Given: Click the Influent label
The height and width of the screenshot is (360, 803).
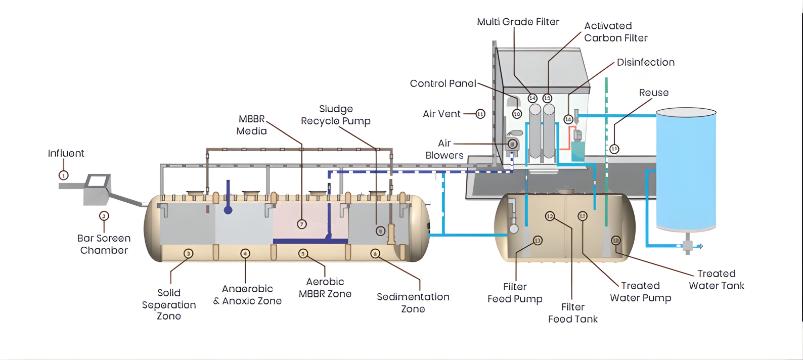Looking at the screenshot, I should point(66,153).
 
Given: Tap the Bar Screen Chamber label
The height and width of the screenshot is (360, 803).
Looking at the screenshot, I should point(104,244).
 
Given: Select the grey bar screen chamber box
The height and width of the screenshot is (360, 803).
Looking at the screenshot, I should point(97,189).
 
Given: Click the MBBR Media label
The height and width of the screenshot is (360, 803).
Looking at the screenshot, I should point(251,125).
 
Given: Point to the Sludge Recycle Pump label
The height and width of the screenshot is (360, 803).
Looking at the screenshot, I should point(336,115).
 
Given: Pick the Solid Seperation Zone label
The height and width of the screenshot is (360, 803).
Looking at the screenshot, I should point(169,304).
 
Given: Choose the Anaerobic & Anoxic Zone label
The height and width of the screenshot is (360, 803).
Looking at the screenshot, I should point(247,295).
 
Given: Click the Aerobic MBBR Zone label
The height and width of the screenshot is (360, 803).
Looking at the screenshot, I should point(325,288).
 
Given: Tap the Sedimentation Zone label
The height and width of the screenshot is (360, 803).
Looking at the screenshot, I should point(413,303).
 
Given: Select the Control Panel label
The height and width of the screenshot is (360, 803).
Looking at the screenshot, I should point(443,83).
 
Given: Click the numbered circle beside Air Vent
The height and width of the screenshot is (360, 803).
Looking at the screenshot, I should point(480,114).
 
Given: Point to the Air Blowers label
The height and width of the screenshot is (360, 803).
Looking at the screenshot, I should point(444,149).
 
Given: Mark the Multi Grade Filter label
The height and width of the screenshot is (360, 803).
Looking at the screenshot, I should point(518,22).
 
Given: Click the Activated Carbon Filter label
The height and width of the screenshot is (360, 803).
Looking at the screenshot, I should point(615,32).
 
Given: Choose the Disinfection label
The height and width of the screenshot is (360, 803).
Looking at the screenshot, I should point(645,62).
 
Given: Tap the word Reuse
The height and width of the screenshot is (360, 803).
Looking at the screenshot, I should point(653,93).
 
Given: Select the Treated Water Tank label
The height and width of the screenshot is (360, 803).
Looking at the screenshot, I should point(716,280).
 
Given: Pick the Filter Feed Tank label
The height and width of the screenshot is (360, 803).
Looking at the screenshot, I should point(572,313).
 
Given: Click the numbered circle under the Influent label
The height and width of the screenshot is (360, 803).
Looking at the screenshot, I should point(64,175).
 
